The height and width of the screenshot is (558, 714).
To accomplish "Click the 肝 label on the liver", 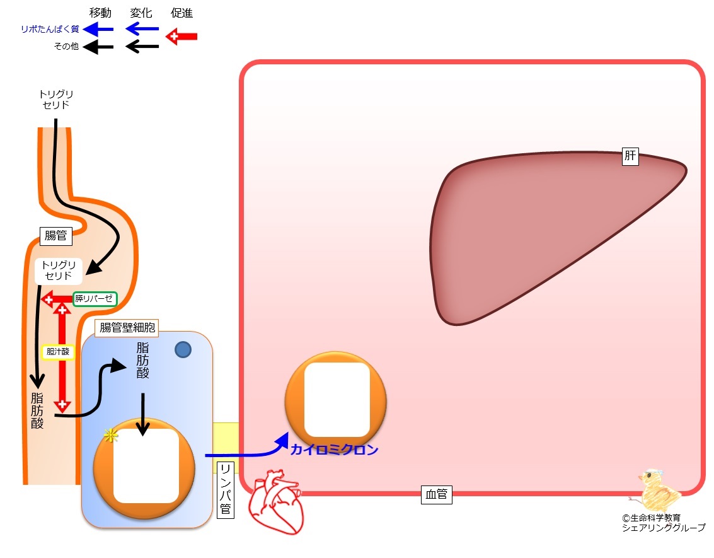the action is tap(630, 156).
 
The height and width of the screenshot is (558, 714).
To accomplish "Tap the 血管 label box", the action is tap(436, 495).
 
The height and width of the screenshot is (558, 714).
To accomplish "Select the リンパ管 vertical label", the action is tap(225, 490).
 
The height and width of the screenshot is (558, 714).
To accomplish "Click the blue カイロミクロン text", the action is tap(335, 450).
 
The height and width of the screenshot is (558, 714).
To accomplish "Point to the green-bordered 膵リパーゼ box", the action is tap(95, 299).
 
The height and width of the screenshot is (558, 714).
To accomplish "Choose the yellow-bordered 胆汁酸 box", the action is tap(58, 352).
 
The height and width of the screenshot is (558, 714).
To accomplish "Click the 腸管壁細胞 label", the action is tap(127, 328).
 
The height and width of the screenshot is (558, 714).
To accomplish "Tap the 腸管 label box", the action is tap(55, 236).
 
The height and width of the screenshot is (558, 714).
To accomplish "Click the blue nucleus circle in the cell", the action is tap(183, 350).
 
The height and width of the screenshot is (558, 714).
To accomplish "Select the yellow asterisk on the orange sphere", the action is tap(111, 436).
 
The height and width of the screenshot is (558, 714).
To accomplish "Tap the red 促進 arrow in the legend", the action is tap(181, 37).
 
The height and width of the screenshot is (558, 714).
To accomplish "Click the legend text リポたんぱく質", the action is tap(50, 30).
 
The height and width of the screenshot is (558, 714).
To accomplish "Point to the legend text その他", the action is tap(66, 47).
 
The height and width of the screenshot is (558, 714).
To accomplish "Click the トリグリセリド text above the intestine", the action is tap(56, 99).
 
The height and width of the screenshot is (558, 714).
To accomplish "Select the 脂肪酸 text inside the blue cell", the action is tap(142, 360).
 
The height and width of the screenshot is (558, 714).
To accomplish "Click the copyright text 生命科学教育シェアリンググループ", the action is tap(664, 523).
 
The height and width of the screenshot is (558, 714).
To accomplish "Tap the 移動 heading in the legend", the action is tap(100, 13).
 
